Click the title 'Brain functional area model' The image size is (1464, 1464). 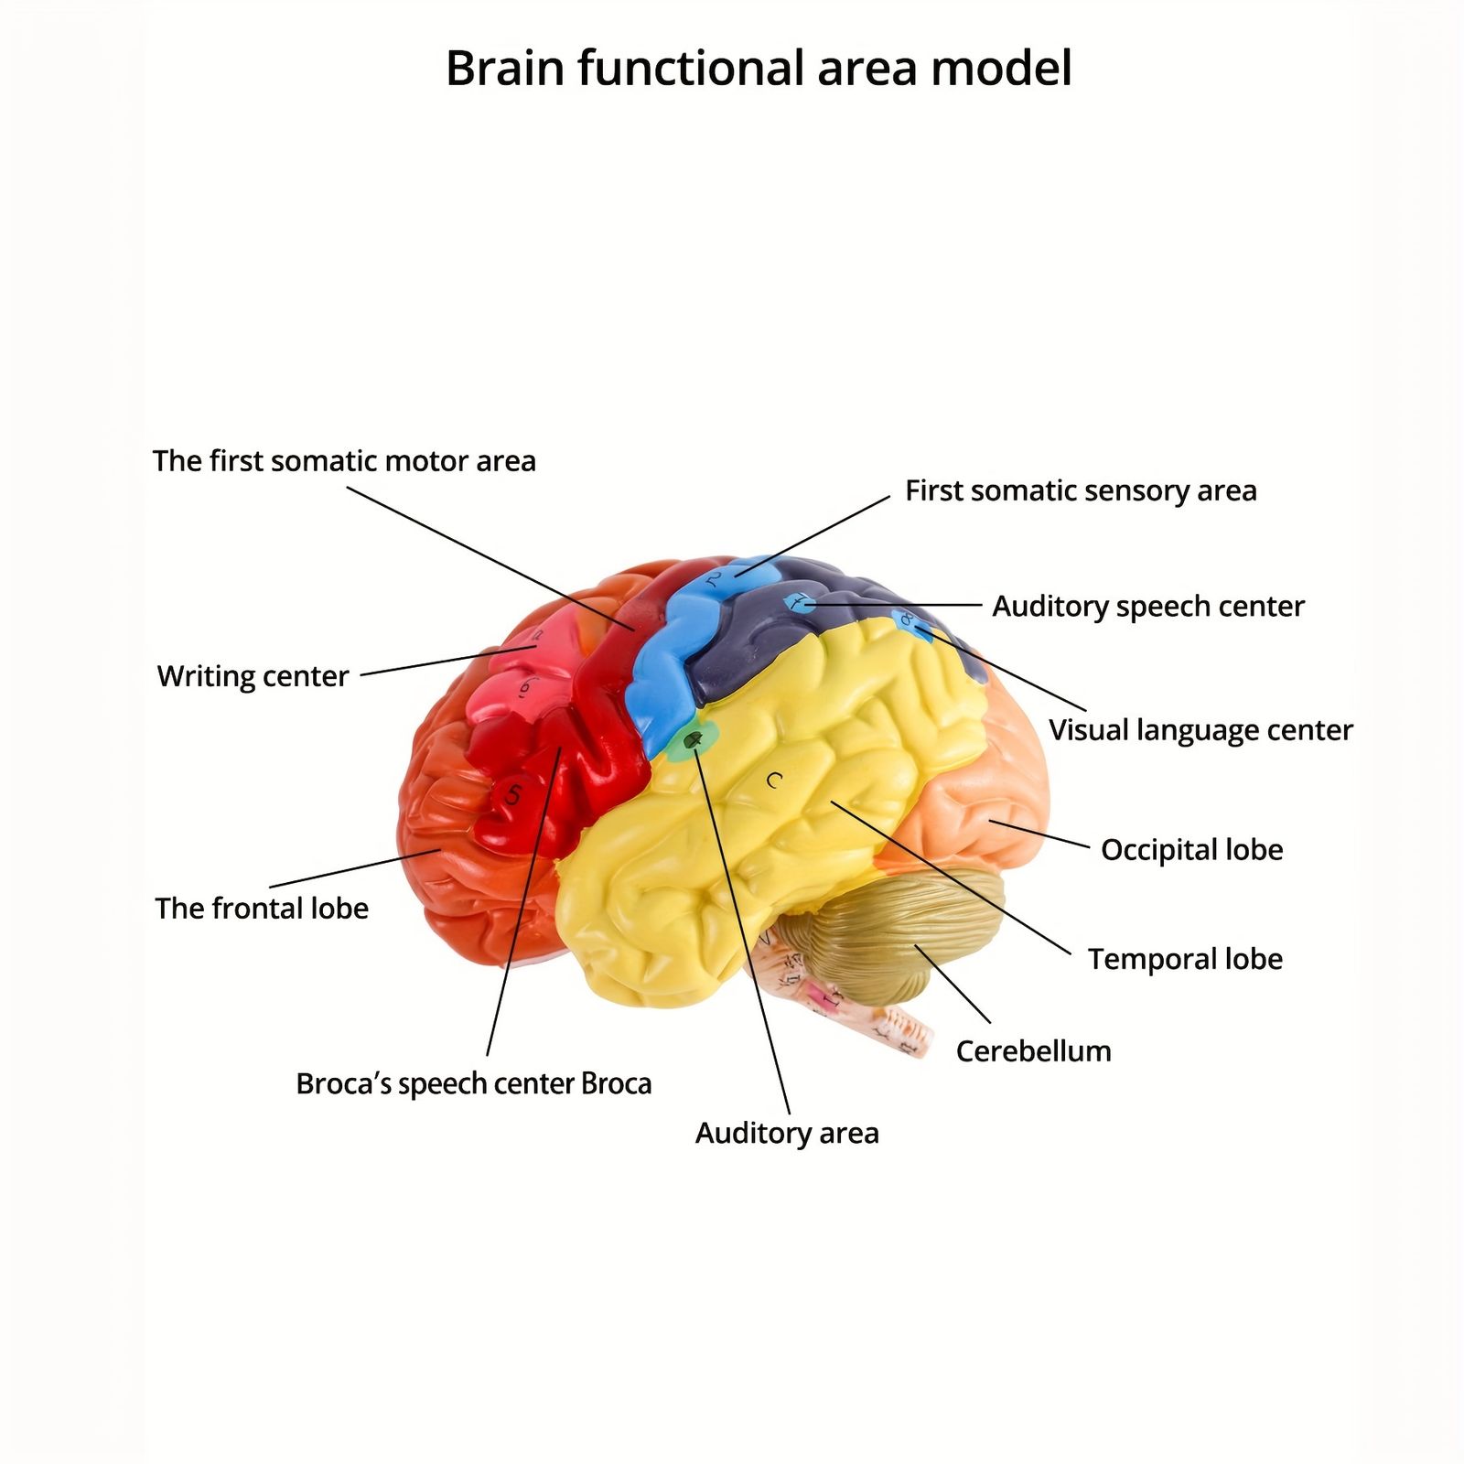click(x=759, y=69)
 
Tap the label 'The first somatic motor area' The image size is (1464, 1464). click(x=344, y=461)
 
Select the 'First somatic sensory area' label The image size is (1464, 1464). click(x=1081, y=491)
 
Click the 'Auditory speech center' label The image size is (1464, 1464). click(x=1148, y=607)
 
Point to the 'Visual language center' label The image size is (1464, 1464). click(x=1200, y=730)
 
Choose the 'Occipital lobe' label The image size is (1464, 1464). click(x=1191, y=850)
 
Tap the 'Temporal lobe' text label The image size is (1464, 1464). click(x=1185, y=959)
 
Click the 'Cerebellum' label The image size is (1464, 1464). click(x=1033, y=1051)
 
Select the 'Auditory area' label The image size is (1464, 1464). click(x=787, y=1133)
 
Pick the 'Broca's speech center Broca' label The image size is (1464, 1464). click(x=474, y=1084)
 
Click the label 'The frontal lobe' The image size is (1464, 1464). click(x=262, y=909)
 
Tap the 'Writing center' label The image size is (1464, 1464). click(x=253, y=676)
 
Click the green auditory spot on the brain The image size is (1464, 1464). click(x=692, y=739)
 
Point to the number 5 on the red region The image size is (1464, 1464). click(x=512, y=794)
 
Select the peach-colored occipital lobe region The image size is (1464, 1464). click(x=988, y=787)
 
